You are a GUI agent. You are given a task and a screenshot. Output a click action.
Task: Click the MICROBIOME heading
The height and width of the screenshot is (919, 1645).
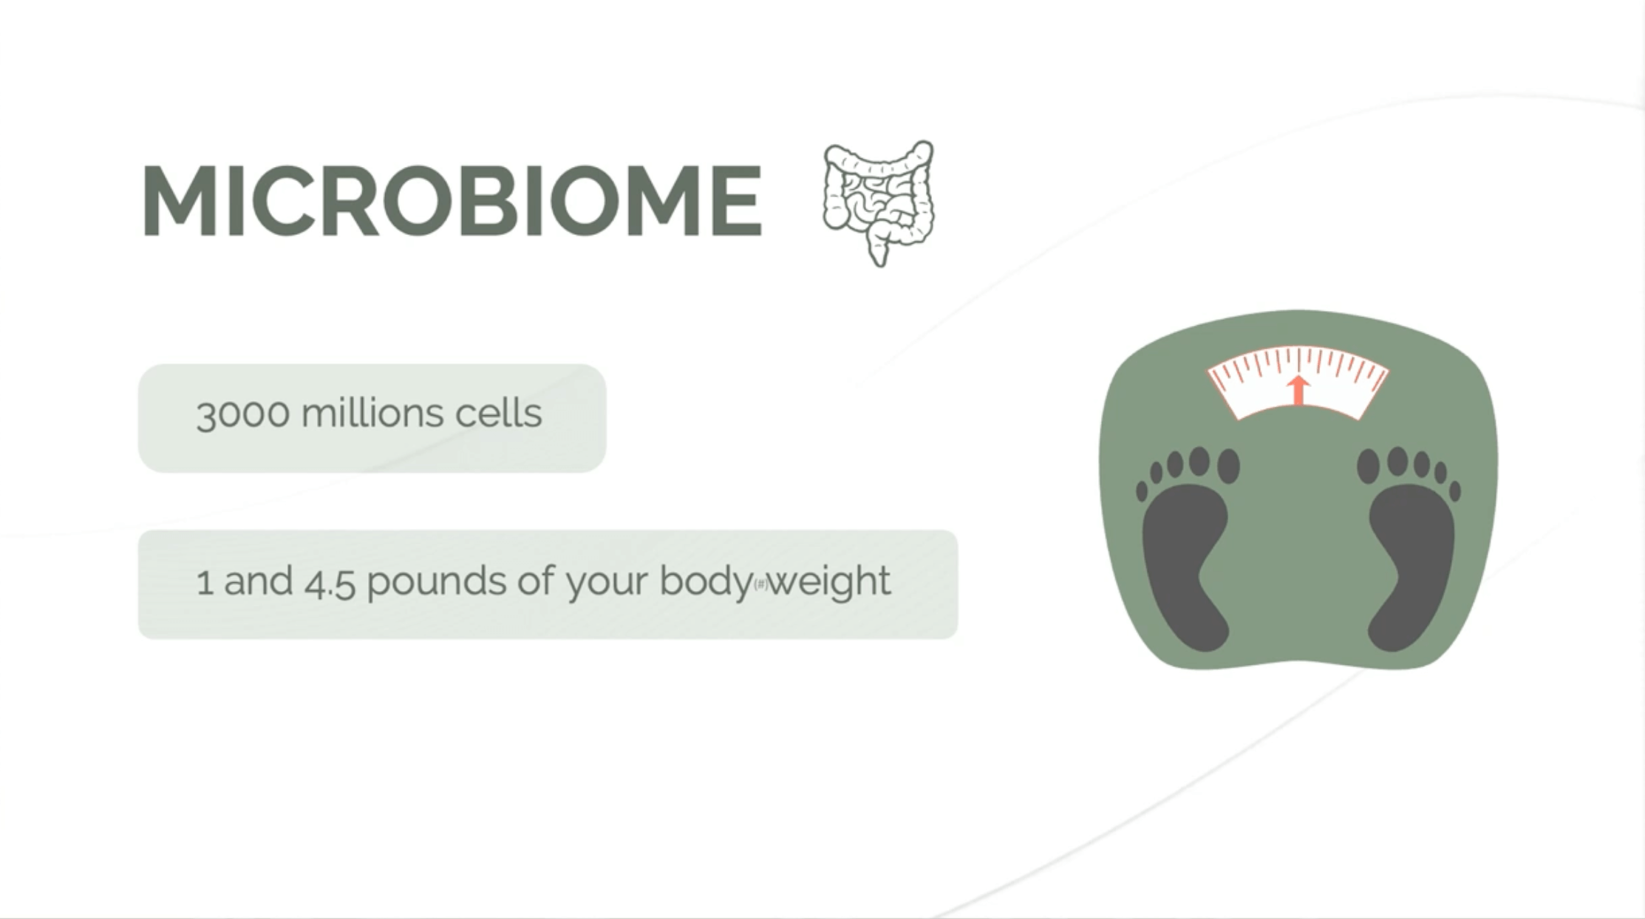click(452, 200)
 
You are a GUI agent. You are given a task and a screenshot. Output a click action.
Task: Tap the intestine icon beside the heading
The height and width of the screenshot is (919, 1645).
click(879, 203)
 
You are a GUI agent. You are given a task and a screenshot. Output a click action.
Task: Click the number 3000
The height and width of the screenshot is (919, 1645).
click(242, 413)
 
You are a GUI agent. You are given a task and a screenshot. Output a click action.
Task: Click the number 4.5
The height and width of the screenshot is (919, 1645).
click(330, 581)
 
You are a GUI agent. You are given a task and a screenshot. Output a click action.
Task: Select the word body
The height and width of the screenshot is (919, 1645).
click(706, 583)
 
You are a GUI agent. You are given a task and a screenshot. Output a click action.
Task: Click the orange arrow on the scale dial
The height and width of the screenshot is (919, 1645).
click(1298, 390)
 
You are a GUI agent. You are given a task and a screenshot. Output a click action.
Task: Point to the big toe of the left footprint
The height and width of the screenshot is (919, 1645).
click(1228, 465)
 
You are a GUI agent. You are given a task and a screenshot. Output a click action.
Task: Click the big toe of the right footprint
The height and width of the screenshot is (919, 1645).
click(1369, 465)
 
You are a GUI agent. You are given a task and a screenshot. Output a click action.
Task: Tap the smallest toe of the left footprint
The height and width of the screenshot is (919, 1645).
click(1142, 491)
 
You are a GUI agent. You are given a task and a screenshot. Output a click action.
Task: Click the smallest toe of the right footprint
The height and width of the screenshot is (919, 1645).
click(1455, 491)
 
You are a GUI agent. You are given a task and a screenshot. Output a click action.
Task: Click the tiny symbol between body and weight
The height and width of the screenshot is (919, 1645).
click(760, 585)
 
